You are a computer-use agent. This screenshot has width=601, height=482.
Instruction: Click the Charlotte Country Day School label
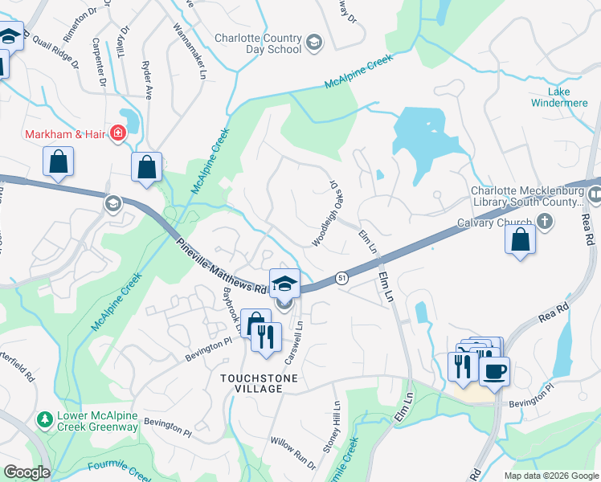258,43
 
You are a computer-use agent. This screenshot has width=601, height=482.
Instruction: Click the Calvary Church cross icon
545,223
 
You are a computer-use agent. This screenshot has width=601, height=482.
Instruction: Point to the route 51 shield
341,276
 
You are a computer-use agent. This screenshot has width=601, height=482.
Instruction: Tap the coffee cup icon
494,371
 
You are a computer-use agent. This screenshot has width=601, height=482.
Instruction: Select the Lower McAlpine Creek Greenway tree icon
44,419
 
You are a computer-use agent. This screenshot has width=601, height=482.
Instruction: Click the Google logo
26,472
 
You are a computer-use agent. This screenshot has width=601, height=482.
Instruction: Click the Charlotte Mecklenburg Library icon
594,194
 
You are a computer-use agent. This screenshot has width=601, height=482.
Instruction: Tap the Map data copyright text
550,475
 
